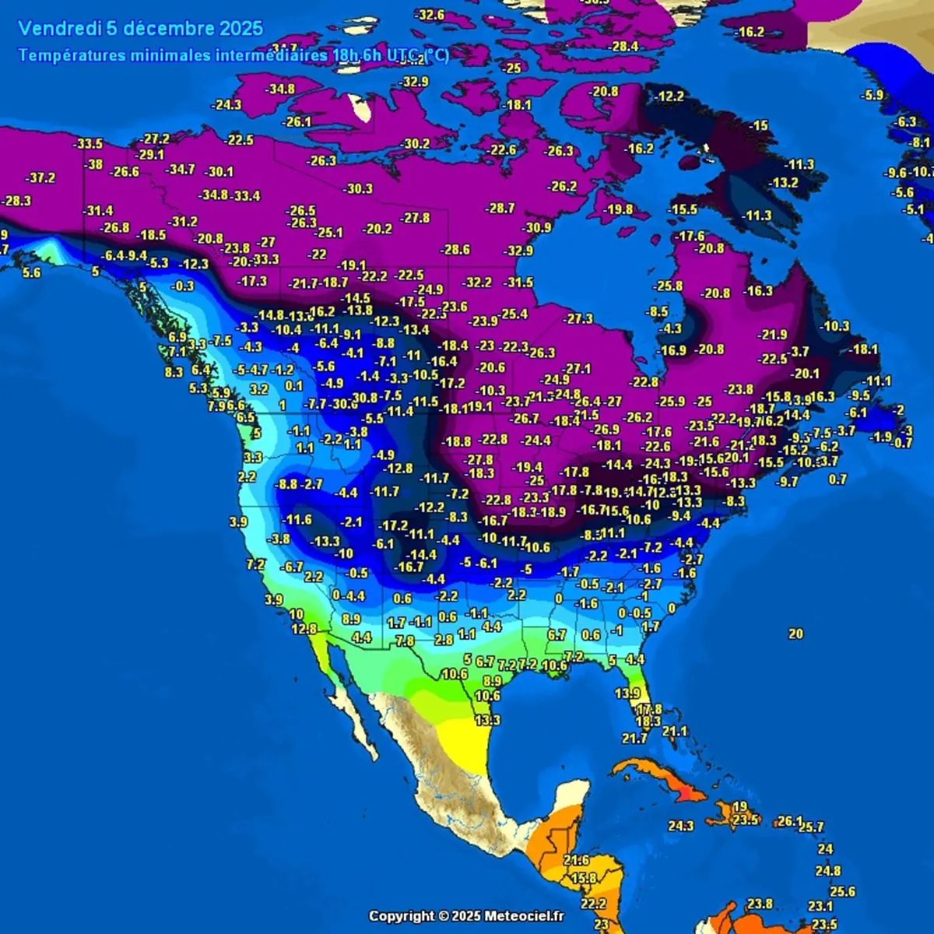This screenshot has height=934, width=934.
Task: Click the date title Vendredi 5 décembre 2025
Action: point(141,29)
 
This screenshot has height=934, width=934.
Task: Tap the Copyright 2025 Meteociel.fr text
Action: point(466,916)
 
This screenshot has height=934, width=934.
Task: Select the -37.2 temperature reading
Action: point(40,177)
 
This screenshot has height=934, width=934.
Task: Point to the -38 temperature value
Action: point(94,165)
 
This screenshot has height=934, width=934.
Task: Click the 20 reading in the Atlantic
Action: point(795,634)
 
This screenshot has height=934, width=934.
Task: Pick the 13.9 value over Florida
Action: point(627,693)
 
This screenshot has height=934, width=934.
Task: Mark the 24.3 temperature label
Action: point(680,826)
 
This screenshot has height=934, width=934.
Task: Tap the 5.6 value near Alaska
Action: point(32,272)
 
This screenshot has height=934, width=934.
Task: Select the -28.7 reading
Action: point(500,209)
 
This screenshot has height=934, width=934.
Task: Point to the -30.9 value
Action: point(536,228)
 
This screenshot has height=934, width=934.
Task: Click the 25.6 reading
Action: point(842,892)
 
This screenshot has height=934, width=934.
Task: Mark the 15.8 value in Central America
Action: point(584,879)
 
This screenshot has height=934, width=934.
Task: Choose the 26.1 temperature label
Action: point(789,820)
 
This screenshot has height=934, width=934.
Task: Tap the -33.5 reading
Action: point(88,144)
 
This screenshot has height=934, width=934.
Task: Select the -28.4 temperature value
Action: point(623,47)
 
